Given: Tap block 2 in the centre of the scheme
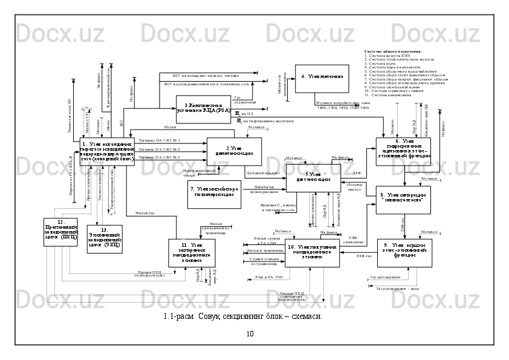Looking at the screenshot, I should click(x=234, y=151).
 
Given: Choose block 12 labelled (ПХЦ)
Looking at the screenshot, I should click(x=60, y=232).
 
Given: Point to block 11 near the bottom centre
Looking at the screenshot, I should click(x=190, y=252).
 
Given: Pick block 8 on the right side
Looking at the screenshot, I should click(x=403, y=198).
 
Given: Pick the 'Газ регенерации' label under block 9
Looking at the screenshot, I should click(x=384, y=277).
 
